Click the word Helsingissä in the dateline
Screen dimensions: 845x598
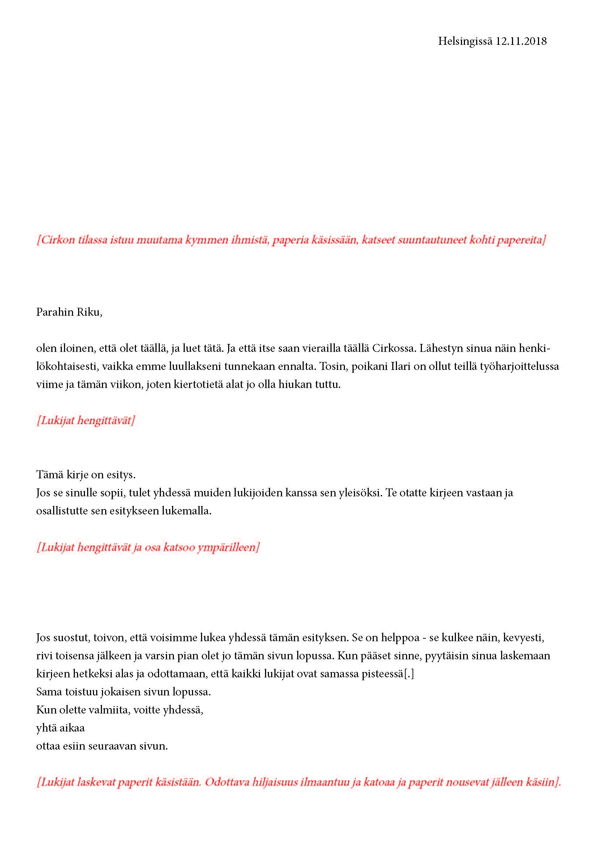[x=465, y=41]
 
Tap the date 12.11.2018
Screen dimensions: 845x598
[x=521, y=41]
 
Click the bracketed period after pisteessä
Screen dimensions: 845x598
[x=409, y=674]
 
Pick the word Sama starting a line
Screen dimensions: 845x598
[x=48, y=692]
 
